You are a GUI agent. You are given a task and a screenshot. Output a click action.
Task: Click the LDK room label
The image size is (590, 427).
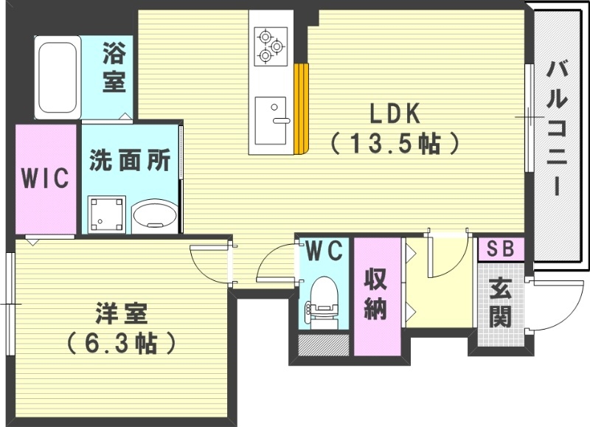click(x=395, y=114)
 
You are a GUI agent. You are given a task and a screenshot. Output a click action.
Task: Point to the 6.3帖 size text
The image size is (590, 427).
click(x=122, y=341)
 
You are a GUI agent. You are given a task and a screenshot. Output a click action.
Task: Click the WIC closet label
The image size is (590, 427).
click(x=45, y=178)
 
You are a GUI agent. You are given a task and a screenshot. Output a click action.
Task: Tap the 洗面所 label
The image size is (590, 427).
click(x=130, y=161)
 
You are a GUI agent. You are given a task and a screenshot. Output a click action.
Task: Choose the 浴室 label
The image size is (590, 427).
click(x=114, y=67)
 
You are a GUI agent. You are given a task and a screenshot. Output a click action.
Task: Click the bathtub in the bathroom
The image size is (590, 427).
click(x=57, y=77)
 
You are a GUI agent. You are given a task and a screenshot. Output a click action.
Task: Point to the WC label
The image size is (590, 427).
click(x=324, y=251)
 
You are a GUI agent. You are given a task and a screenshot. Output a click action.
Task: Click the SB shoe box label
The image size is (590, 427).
click(x=501, y=249)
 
